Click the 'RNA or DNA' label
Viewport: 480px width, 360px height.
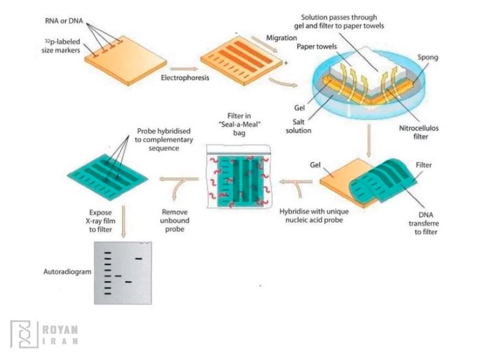[65, 21]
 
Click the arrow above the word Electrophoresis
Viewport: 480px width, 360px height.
[184, 69]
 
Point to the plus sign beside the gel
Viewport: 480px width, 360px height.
[285, 63]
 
